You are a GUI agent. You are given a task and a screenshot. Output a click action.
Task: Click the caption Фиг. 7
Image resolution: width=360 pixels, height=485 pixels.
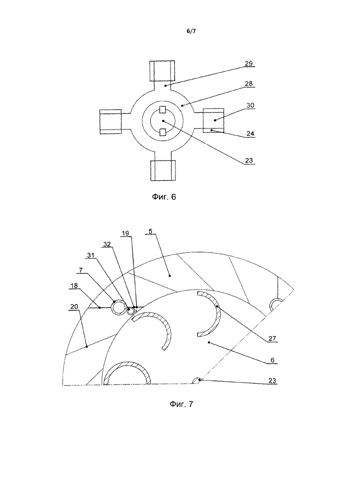tap(181, 404)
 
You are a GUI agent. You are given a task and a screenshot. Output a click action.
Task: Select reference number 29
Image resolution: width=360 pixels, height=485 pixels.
tap(249, 64)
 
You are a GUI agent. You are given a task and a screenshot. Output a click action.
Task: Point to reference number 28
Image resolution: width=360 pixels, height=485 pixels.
tap(249, 83)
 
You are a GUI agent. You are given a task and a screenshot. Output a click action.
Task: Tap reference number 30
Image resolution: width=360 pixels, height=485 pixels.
tap(249, 105)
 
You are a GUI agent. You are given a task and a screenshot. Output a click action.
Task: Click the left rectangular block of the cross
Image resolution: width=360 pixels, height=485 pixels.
tap(110, 121)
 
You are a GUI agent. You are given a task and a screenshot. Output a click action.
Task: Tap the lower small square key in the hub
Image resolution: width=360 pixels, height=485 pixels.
tap(163, 132)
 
